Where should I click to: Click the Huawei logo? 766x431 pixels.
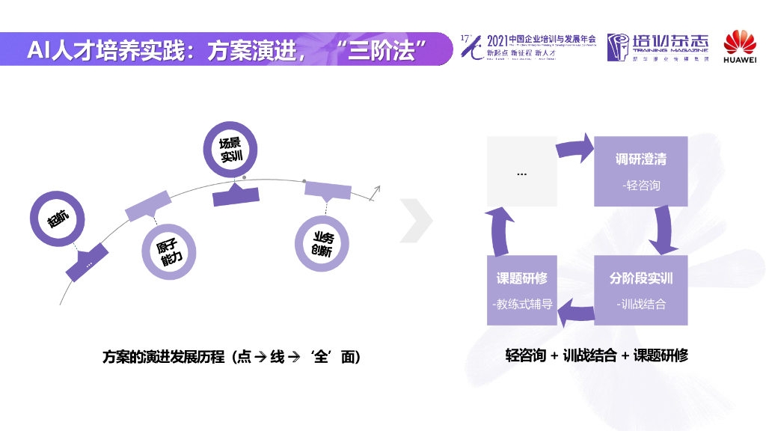(x=740, y=46)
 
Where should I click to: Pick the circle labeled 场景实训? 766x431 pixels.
(x=230, y=150)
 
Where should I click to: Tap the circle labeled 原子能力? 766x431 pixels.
(x=168, y=254)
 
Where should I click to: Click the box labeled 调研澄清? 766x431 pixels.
(x=640, y=171)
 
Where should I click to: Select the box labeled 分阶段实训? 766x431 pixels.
(x=640, y=290)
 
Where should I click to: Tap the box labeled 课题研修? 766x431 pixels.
(x=521, y=290)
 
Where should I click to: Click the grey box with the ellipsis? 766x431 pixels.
(x=521, y=171)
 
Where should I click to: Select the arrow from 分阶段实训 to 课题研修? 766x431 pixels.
(x=576, y=306)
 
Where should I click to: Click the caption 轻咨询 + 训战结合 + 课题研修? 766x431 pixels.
(x=596, y=356)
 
